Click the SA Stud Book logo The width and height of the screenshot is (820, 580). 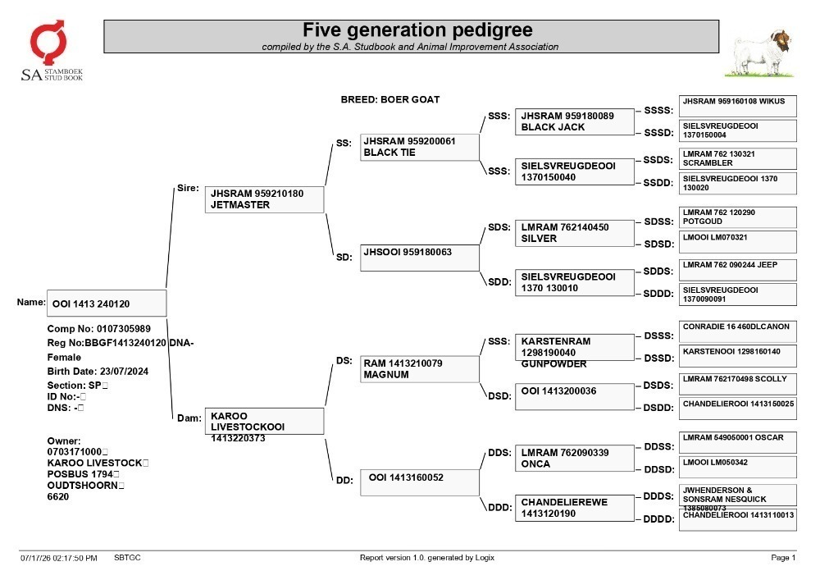[x=51, y=51]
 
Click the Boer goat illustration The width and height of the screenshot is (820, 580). [x=758, y=54]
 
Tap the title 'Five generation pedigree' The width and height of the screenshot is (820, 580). [x=417, y=30]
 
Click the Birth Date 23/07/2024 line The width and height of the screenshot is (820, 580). [x=98, y=372]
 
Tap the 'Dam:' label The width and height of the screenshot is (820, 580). [x=189, y=418]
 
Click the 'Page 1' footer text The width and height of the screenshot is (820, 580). [x=783, y=558]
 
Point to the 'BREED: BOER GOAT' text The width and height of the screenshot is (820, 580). [x=390, y=99]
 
